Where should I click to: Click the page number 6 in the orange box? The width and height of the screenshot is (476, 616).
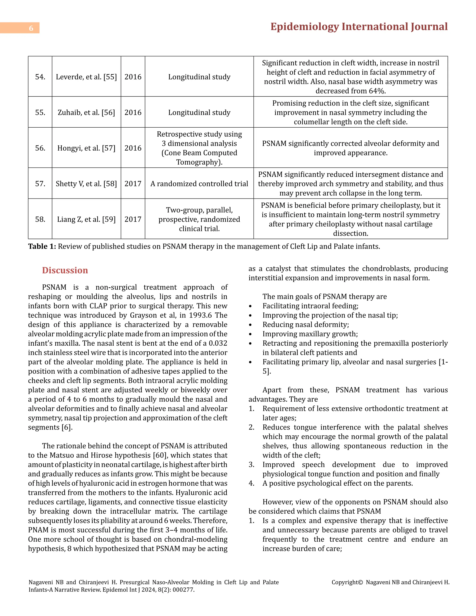point(31,28)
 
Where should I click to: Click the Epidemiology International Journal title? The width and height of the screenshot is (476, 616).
point(359,27)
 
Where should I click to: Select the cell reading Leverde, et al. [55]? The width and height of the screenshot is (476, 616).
point(86,77)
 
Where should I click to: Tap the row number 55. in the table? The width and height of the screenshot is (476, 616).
point(40,112)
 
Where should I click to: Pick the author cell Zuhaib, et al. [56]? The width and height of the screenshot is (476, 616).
point(86,112)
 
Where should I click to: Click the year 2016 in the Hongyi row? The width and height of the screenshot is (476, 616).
point(133,148)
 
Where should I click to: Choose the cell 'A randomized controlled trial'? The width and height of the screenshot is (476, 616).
point(199,184)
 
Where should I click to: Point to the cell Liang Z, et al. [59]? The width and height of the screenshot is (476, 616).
point(86,219)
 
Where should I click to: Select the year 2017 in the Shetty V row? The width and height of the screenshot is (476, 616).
point(133,184)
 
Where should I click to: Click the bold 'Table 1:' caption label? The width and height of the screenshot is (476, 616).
point(42,246)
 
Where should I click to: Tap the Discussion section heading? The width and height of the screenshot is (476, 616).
point(65,270)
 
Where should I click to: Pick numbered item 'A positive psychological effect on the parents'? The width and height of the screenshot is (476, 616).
point(337,483)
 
